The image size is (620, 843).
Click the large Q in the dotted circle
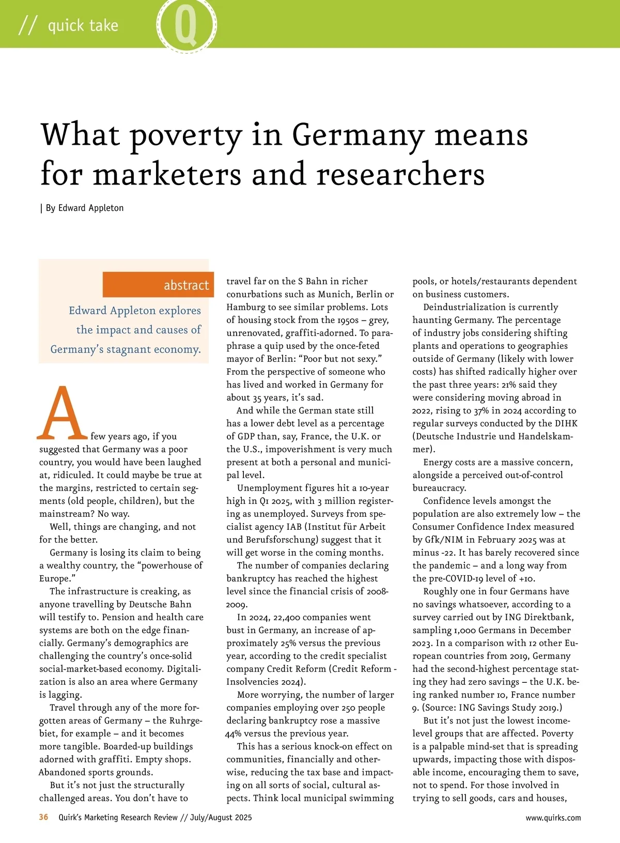click(x=186, y=26)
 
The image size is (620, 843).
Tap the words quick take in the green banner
click(x=83, y=25)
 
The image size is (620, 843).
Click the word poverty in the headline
click(x=185, y=135)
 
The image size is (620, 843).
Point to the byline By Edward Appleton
click(x=84, y=208)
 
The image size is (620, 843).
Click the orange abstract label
click(x=186, y=285)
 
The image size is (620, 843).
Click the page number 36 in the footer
click(x=44, y=817)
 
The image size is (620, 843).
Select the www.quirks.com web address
click(x=553, y=818)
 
